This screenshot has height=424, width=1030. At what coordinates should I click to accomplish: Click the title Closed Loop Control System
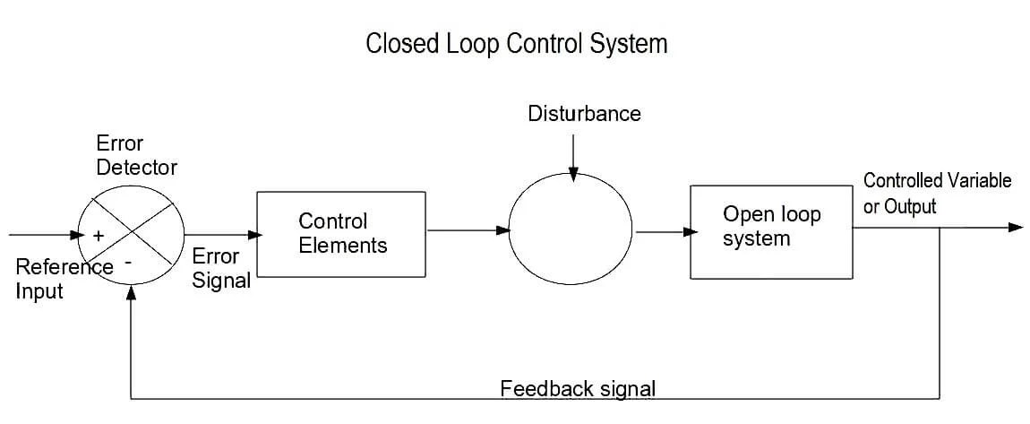[517, 44]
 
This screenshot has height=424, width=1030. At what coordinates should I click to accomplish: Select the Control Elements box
[341, 233]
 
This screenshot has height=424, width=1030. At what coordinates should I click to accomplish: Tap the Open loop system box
[770, 232]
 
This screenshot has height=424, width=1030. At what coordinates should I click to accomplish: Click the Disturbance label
[584, 114]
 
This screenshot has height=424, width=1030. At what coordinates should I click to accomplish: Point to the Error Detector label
[137, 155]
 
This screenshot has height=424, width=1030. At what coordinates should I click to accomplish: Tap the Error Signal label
[220, 268]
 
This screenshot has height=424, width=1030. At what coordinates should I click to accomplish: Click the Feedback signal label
[578, 389]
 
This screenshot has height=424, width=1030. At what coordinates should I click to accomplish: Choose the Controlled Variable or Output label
[936, 193]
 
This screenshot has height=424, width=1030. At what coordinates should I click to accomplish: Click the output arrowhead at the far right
[1016, 227]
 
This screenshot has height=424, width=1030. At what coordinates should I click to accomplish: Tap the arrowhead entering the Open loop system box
[690, 231]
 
